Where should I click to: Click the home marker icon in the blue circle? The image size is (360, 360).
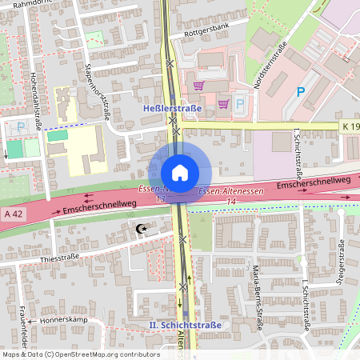[x=180, y=171]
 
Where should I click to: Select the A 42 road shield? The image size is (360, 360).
[x=13, y=214]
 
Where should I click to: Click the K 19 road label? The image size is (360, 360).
[x=350, y=126]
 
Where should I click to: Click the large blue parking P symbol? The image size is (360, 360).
[x=302, y=93]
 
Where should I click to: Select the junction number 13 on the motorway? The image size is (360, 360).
[x=161, y=198]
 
